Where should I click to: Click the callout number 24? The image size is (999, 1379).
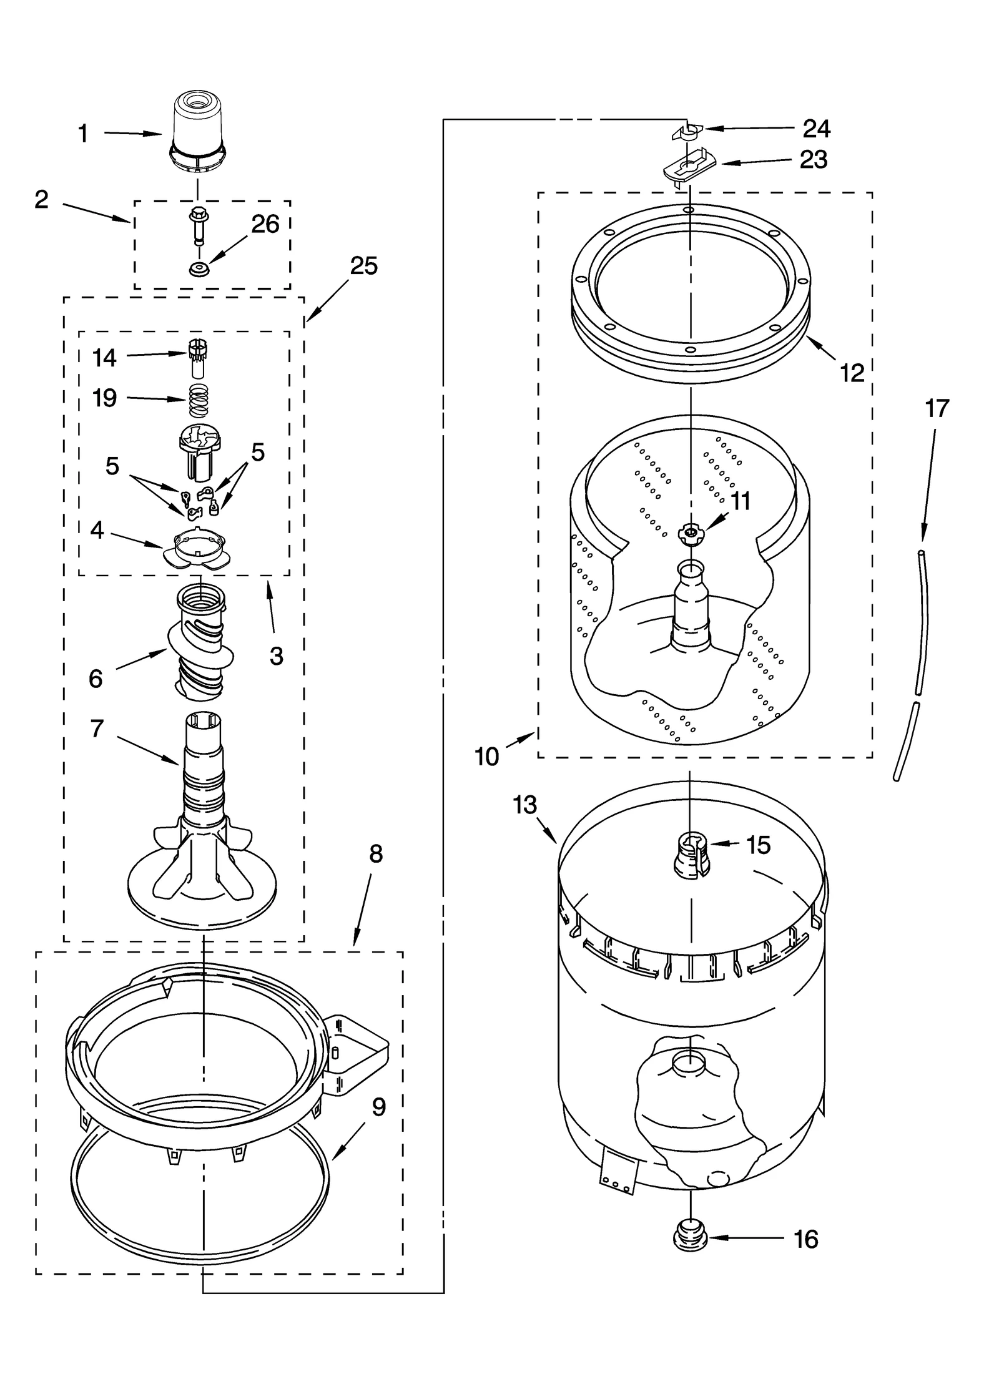pyautogui.click(x=816, y=129)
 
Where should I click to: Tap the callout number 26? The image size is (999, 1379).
pyautogui.click(x=265, y=224)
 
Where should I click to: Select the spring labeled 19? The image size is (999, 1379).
pyautogui.click(x=198, y=400)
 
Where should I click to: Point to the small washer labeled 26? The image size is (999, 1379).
pyautogui.click(x=198, y=270)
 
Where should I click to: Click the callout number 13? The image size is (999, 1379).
pyautogui.click(x=524, y=805)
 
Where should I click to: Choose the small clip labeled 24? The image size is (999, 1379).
pyautogui.click(x=687, y=131)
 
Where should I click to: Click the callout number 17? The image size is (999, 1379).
pyautogui.click(x=937, y=408)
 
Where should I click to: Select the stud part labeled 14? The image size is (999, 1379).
pyautogui.click(x=197, y=357)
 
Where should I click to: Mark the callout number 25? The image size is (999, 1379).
pyautogui.click(x=363, y=266)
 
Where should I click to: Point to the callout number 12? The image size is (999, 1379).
pyautogui.click(x=852, y=373)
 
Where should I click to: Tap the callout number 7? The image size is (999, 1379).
pyautogui.click(x=96, y=729)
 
